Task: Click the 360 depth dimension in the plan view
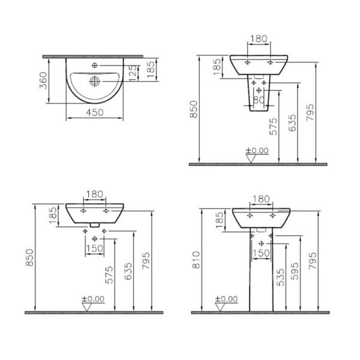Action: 43,80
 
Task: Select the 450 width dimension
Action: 95,113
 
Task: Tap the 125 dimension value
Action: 133,73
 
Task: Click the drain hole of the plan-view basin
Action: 94,81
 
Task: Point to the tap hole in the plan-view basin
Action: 94,65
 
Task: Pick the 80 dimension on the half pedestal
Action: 259,100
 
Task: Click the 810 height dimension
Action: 197,260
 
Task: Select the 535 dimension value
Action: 280,278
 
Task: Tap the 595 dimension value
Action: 295,271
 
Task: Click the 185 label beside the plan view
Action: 151,70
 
